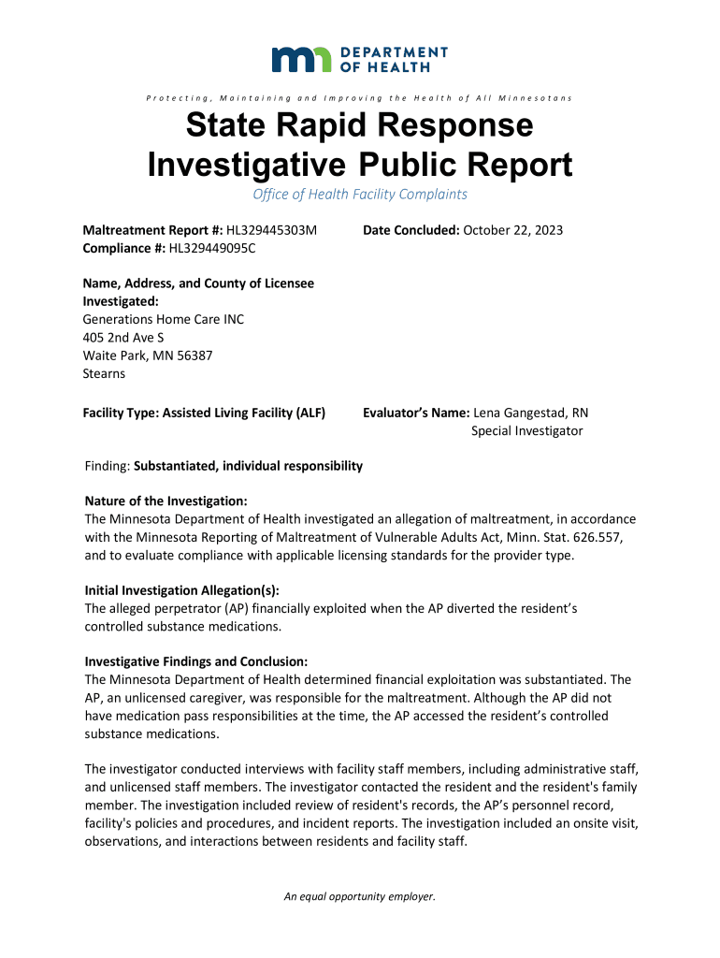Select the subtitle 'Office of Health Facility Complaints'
[x=360, y=195]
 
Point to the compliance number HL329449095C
[x=211, y=248]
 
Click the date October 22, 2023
[x=513, y=230]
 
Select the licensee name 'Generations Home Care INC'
[x=164, y=319]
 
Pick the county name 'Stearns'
[x=104, y=373]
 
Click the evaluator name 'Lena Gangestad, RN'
[x=531, y=413]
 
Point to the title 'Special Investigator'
[x=526, y=430]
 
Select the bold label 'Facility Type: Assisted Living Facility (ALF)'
[x=204, y=413]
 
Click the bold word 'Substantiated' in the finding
[x=175, y=466]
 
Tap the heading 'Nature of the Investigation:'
[x=166, y=501]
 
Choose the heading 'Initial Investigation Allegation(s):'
[x=181, y=590]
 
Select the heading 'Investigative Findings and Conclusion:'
[x=195, y=661]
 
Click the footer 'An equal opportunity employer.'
[x=360, y=896]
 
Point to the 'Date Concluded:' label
[x=410, y=230]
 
